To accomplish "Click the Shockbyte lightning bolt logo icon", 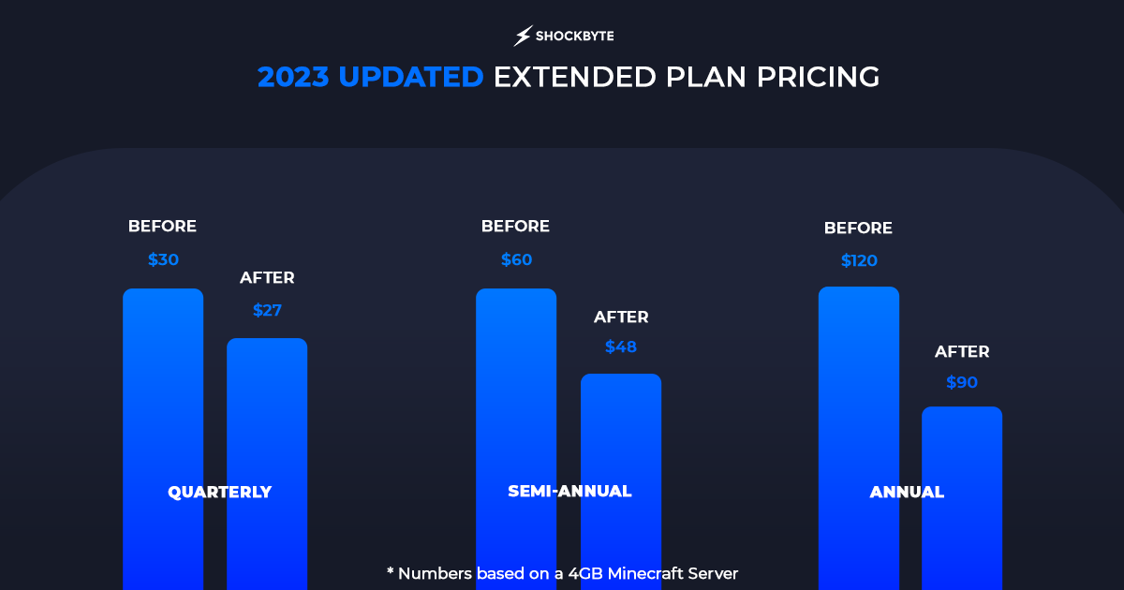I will (523, 37).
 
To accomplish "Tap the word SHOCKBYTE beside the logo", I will (574, 37).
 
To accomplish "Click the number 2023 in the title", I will (293, 77).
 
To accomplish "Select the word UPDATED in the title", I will (411, 77).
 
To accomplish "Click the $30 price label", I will (163, 259).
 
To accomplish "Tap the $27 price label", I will (267, 310).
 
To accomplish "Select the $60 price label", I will (516, 259).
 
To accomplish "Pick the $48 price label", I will (621, 347).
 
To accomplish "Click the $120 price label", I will (859, 260).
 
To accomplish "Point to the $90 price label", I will (962, 382).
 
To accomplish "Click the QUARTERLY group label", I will (219, 492).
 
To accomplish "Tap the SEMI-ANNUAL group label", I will (569, 491).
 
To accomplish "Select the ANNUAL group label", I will (907, 492).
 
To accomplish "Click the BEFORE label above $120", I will (858, 228).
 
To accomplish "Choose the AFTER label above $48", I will (621, 317).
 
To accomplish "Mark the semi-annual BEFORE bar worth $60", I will (516, 393).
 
